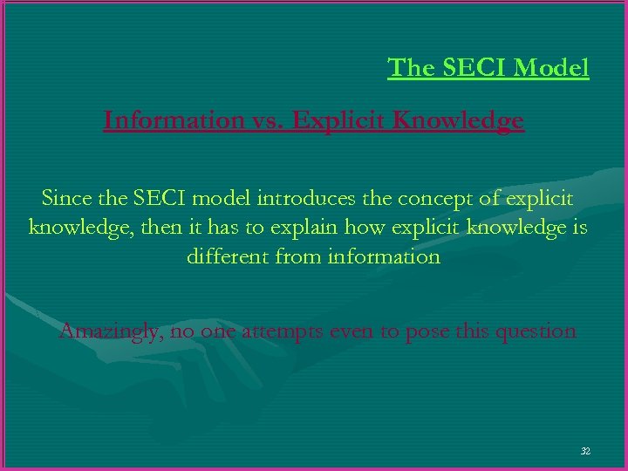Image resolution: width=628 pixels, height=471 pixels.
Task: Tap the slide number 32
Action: (x=585, y=451)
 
